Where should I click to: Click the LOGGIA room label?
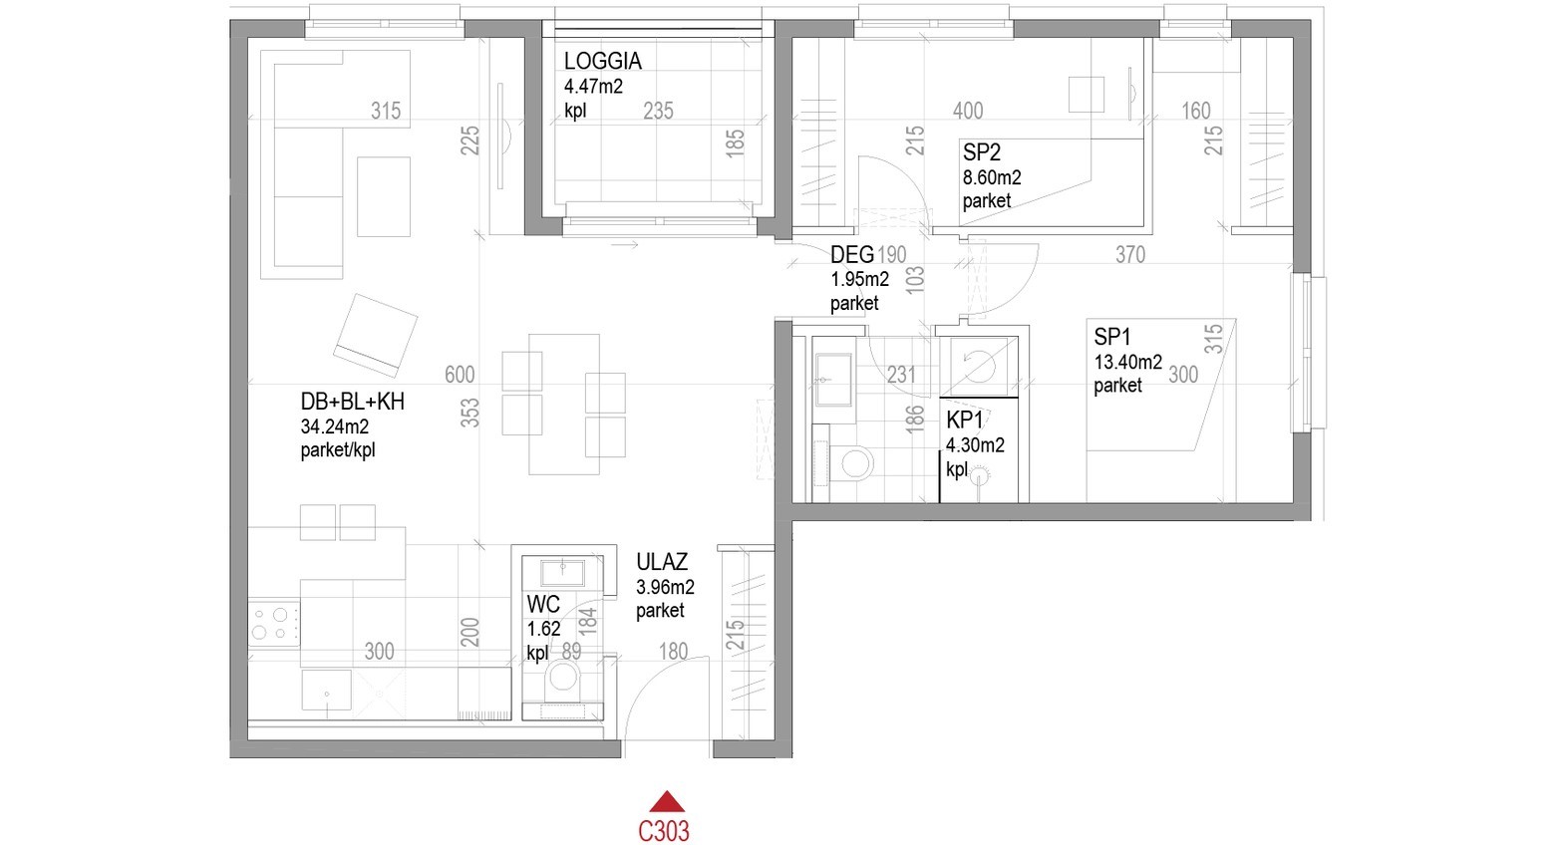tap(602, 61)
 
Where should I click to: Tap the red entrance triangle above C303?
tap(667, 801)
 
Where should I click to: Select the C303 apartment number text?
tap(664, 831)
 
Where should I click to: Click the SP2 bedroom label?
tap(981, 151)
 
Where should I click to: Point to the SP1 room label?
tap(1112, 337)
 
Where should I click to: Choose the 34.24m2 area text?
tap(335, 425)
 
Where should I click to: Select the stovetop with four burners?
tap(273, 623)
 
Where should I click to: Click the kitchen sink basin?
tap(326, 690)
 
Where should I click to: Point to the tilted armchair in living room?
tap(376, 335)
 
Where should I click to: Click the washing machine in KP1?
tap(979, 367)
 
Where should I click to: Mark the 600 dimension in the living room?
tap(460, 375)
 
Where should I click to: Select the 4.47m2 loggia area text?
tap(593, 87)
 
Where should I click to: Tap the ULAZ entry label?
tap(662, 561)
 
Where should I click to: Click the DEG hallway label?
tap(852, 255)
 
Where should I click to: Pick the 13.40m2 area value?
tap(1128, 362)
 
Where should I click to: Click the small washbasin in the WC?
tap(563, 572)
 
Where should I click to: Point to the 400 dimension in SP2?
tap(968, 111)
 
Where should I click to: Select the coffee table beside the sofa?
tap(384, 197)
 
